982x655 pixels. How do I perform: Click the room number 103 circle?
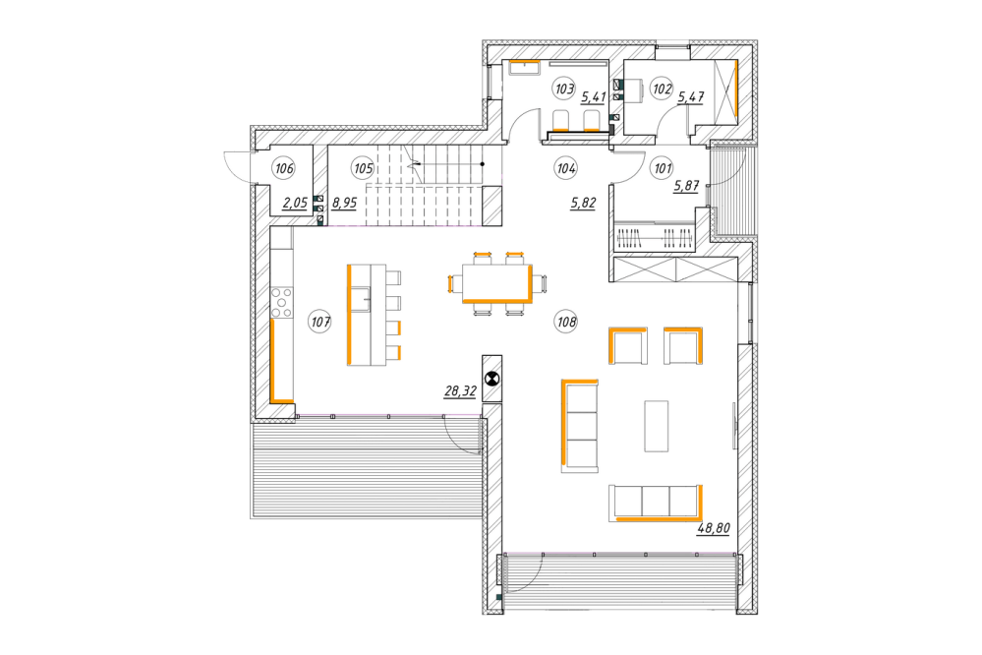[x=564, y=89]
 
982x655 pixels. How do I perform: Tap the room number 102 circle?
[x=662, y=89]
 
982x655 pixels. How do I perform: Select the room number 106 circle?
[x=284, y=168]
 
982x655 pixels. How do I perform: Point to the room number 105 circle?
[x=364, y=168]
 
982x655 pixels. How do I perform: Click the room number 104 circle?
[x=566, y=168]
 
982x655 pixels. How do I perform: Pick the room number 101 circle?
[x=663, y=168]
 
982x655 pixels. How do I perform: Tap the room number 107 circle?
[x=320, y=323]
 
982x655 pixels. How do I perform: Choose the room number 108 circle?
[x=566, y=323]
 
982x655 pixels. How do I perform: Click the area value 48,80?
[x=714, y=528]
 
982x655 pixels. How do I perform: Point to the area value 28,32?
[x=460, y=391]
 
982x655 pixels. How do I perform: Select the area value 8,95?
[x=344, y=203]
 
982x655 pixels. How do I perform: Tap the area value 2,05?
[x=295, y=203]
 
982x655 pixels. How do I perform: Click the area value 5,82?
[x=583, y=203]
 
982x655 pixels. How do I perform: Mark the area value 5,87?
[x=686, y=186]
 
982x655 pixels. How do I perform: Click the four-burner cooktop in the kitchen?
[x=281, y=302]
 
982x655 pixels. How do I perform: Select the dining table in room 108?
[x=497, y=283]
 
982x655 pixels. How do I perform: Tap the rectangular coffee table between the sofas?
[x=657, y=426]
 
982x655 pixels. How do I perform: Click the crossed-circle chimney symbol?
[x=492, y=379]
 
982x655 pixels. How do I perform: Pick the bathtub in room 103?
[x=524, y=68]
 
